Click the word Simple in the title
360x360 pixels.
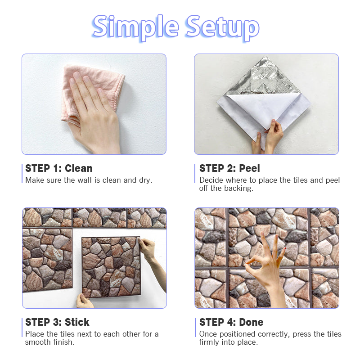pyautogui.click(x=135, y=27)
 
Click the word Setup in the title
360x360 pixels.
pyautogui.click(x=222, y=27)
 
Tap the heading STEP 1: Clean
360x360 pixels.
pyautogui.click(x=59, y=168)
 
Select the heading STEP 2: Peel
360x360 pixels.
pyautogui.click(x=229, y=168)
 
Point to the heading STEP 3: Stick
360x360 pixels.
pyautogui.click(x=57, y=322)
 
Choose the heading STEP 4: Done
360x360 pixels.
pyautogui.click(x=231, y=322)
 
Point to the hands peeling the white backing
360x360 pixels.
pyautogui.click(x=267, y=137)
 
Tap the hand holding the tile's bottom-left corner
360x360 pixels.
pyautogui.click(x=84, y=301)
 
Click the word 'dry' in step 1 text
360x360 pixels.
pyautogui.click(x=145, y=180)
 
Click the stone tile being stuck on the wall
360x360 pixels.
pyautogui.click(x=111, y=267)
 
